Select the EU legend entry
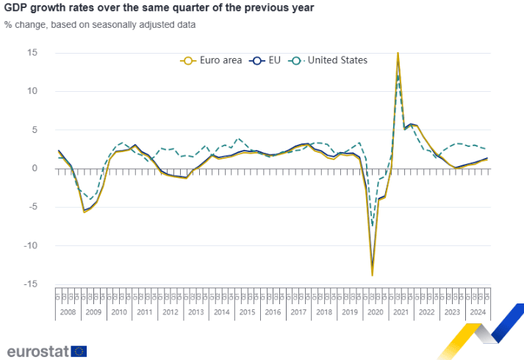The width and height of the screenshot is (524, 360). tap(262, 60)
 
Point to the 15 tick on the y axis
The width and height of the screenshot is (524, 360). tap(33, 53)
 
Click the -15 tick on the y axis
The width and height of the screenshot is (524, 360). tap(31, 284)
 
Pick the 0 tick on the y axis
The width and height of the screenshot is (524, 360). tap(35, 168)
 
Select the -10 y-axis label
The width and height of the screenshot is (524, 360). tap(31, 245)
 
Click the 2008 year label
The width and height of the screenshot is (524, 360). tap(68, 312)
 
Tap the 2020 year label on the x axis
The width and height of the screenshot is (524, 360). tap(375, 312)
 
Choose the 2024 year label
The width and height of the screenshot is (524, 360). tap(477, 312)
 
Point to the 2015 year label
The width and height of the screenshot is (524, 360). tap(247, 312)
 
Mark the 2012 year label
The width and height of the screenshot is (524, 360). tap(170, 312)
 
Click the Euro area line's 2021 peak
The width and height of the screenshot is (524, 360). tap(398, 53)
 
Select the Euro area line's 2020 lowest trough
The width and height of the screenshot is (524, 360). tap(372, 275)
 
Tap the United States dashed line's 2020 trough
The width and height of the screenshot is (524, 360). tap(373, 226)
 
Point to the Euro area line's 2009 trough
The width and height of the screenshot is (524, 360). tap(84, 212)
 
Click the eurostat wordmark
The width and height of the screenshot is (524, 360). tap(37, 350)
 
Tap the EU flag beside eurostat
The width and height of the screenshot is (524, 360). tap(78, 350)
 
